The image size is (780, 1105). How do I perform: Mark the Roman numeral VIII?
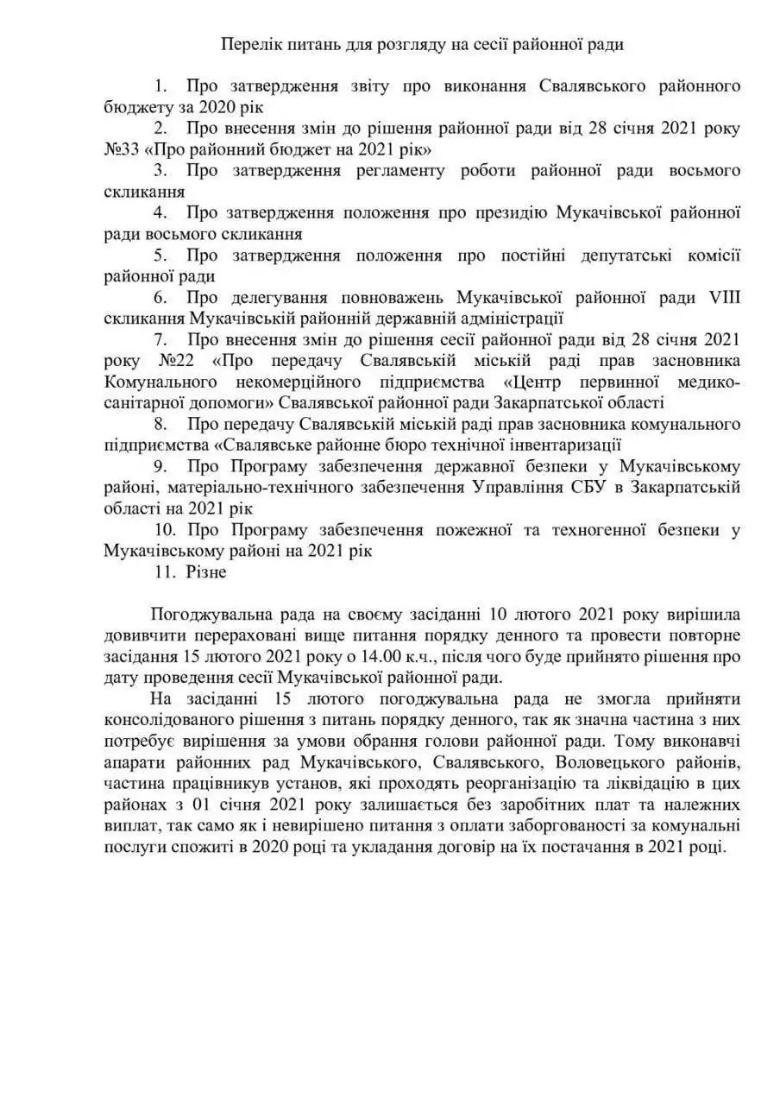click(724, 297)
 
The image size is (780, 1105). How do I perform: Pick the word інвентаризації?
click(563, 445)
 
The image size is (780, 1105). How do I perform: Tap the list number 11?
click(164, 571)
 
